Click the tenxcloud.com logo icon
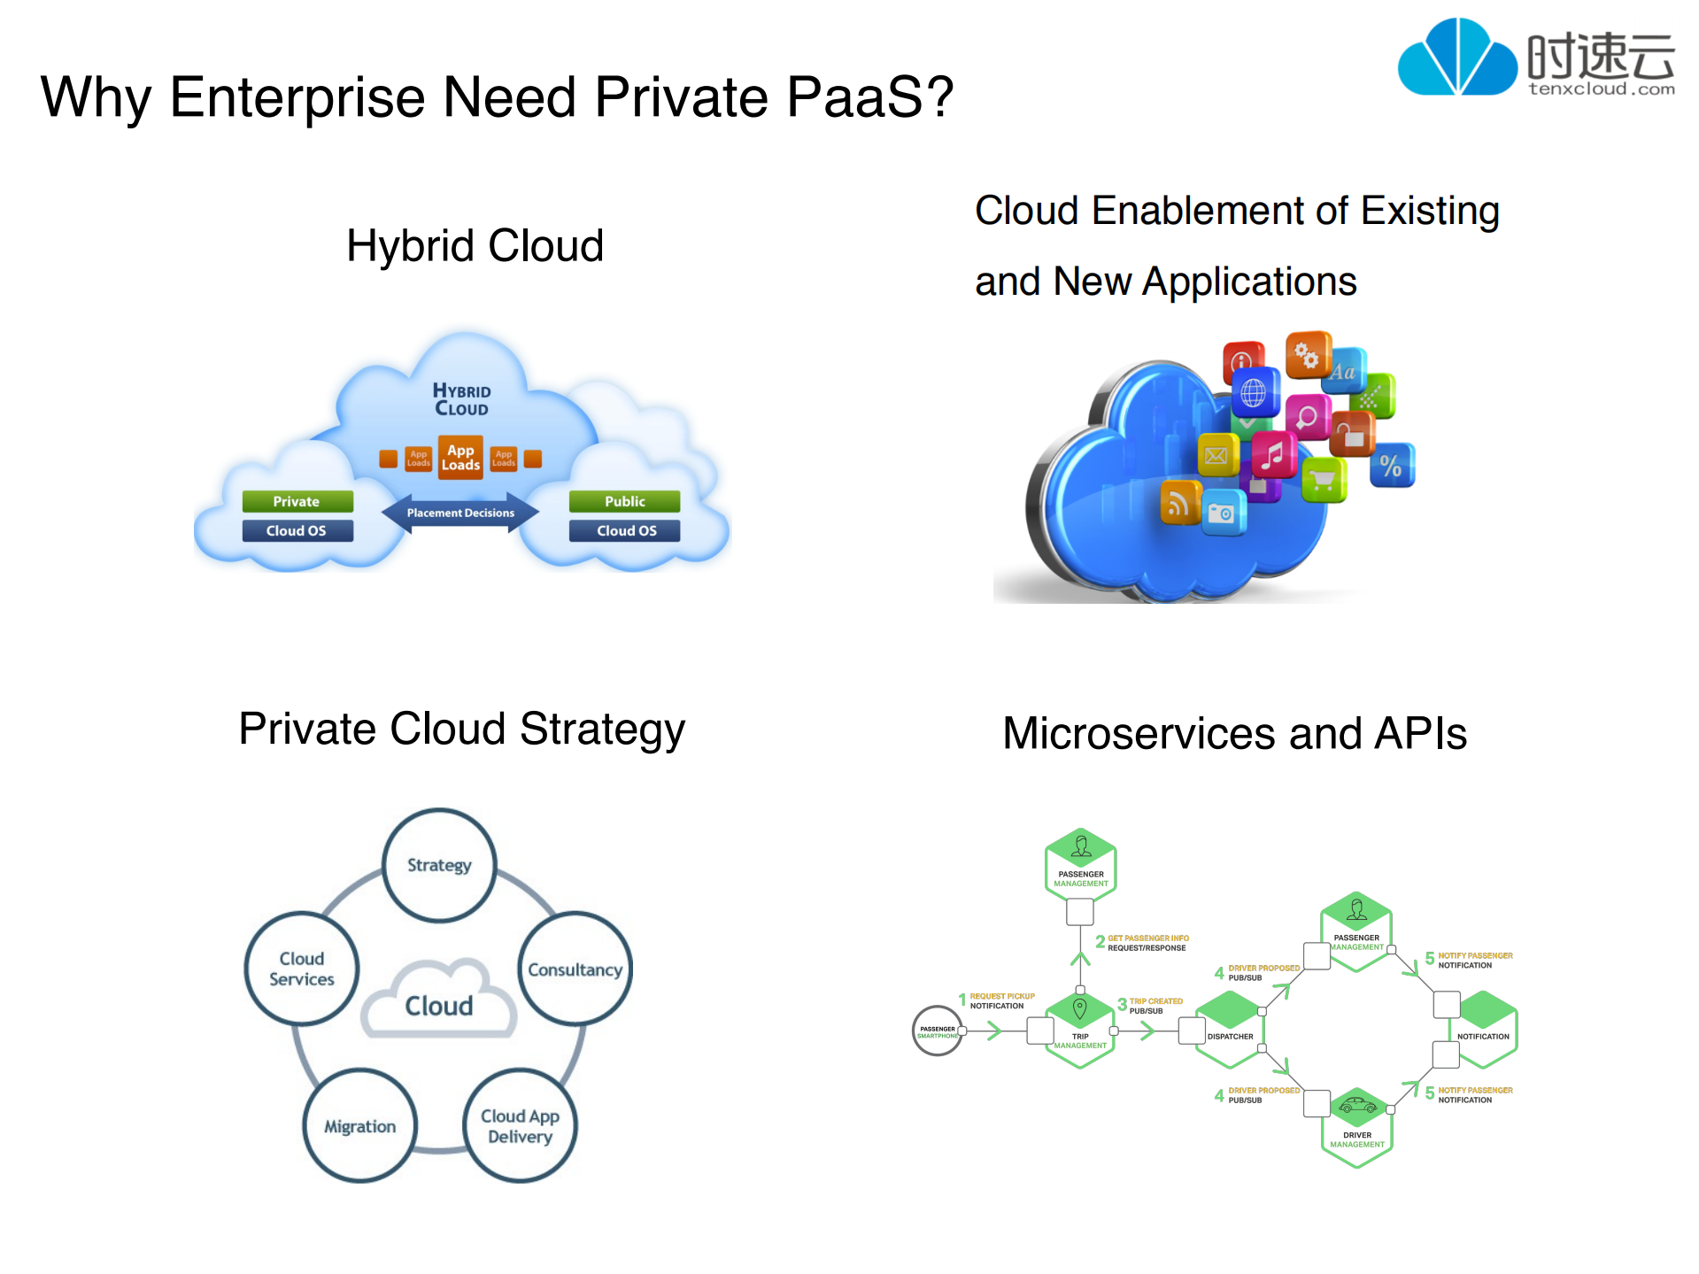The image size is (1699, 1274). coord(1456,58)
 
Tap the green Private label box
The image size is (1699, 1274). coord(297,501)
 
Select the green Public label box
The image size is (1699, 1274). coord(624,501)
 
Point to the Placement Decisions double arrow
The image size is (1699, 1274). coord(460,513)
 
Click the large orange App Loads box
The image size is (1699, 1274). coord(460,457)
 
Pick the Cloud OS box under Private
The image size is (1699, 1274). coord(297,530)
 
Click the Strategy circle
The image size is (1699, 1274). coord(439,865)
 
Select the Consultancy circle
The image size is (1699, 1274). coord(575,969)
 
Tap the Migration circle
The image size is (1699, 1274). coord(359,1126)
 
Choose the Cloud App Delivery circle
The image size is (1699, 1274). coord(520,1126)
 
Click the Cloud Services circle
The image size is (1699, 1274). coord(302,969)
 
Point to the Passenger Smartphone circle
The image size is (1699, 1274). coord(937,1031)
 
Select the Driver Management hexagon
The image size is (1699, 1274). coord(1356,1126)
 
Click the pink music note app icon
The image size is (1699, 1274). coord(1273,455)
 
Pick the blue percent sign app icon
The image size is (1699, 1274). coord(1391,466)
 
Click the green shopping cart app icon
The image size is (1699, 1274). coord(1324,480)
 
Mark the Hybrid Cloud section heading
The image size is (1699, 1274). coord(475,245)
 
